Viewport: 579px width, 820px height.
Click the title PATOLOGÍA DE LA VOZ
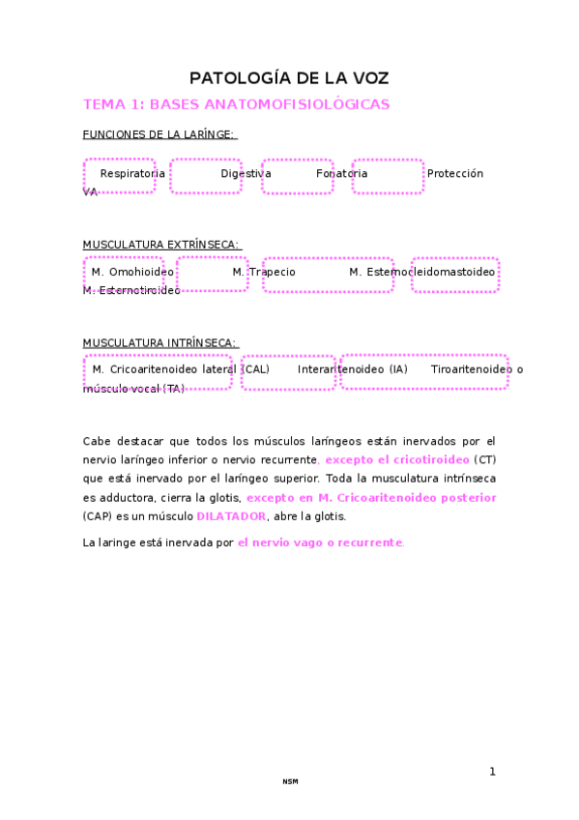pos(289,78)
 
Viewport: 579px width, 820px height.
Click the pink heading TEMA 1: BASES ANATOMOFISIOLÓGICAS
pos(237,104)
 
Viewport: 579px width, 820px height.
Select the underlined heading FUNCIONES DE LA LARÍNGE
pos(159,134)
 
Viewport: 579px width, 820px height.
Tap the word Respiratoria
pos(132,174)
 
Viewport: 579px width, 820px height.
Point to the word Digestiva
pos(246,174)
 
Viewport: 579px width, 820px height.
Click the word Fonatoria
pos(341,174)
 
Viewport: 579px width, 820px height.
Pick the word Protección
pos(454,174)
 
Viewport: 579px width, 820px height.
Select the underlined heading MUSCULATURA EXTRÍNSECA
pos(160,245)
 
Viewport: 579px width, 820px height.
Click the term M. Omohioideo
pos(133,273)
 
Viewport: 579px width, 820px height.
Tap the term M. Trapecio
pos(264,273)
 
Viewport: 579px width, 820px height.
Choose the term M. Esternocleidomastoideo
pos(422,273)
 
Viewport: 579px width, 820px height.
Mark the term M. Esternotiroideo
pos(131,290)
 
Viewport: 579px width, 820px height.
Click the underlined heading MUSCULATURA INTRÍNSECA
pos(159,342)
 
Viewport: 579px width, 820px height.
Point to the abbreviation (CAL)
pos(255,369)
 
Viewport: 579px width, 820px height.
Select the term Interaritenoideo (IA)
pos(353,369)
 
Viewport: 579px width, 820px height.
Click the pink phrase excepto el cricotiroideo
pos(397,459)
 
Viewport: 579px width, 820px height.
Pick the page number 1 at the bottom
pos(492,772)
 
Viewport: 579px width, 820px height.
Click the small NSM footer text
pos(290,781)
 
